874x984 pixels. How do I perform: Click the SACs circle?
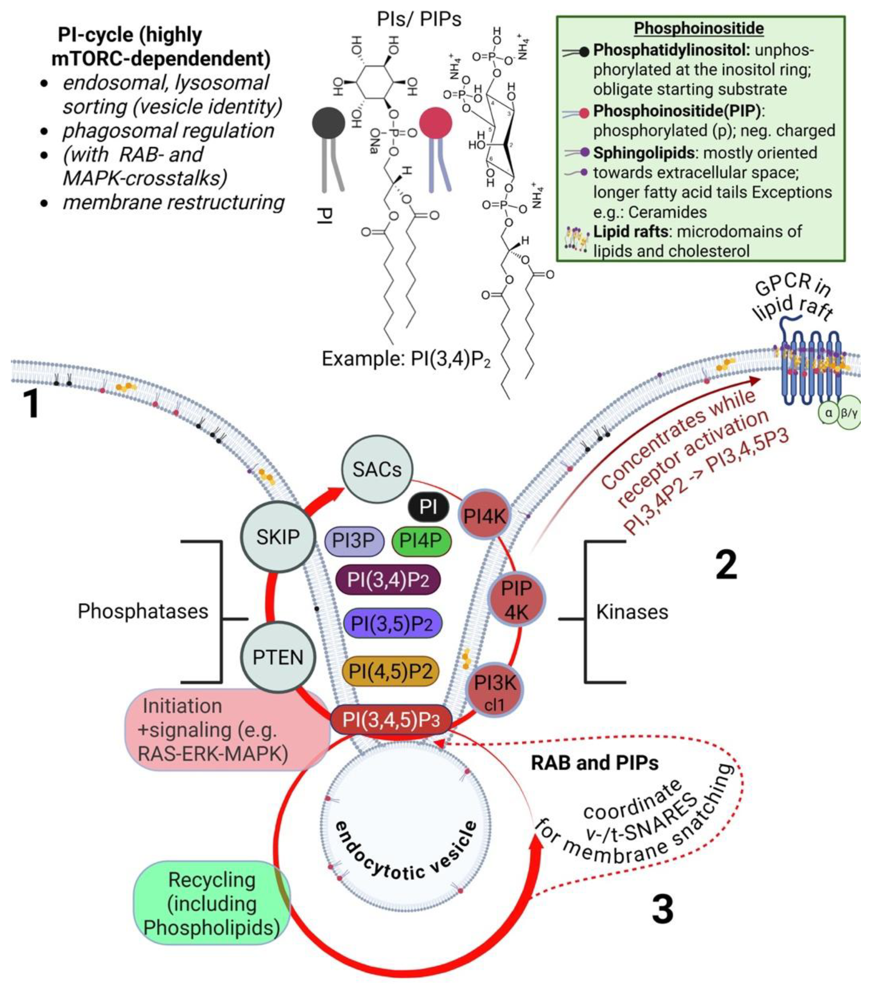tap(377, 469)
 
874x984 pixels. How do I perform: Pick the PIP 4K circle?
tap(517, 600)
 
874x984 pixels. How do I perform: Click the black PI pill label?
tap(428, 507)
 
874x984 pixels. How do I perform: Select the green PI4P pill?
tap(421, 541)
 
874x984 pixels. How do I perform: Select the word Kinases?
tap(632, 612)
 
